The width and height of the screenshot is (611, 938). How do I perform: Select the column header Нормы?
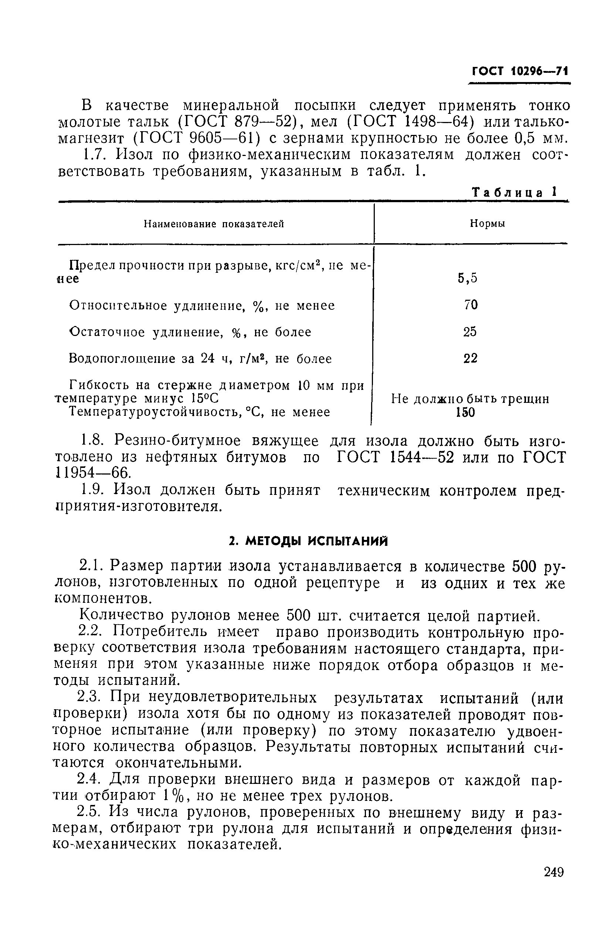coord(488,224)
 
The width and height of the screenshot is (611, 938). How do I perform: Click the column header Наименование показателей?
coord(214,224)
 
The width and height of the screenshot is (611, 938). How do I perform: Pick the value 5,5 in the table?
coord(468,278)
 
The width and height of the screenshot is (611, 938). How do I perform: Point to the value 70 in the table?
coord(471,305)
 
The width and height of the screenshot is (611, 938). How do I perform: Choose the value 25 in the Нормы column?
coord(469,332)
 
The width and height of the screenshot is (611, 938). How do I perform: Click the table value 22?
coord(470,358)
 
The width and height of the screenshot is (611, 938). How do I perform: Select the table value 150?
coord(465,413)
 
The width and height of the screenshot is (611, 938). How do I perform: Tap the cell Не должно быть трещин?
coord(470,399)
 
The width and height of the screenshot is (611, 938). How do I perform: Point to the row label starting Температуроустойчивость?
coord(200,412)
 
